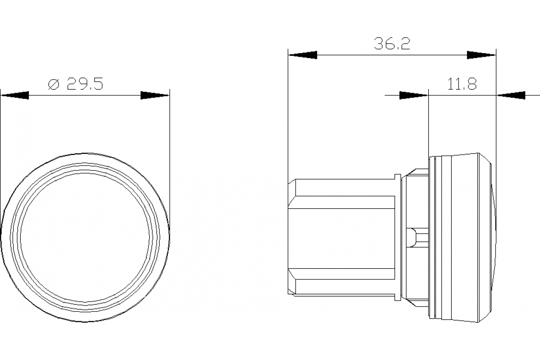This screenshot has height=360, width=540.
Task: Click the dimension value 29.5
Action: click(x=85, y=84)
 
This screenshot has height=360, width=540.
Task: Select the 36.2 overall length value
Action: click(x=391, y=44)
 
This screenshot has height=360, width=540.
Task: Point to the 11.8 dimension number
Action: click(x=462, y=84)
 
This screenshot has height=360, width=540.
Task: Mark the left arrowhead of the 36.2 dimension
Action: click(x=302, y=55)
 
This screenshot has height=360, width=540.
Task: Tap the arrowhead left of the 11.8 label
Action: click(x=413, y=95)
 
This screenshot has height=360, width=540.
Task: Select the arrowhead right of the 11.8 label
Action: click(x=511, y=95)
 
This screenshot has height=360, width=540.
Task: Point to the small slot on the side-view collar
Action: click(x=417, y=238)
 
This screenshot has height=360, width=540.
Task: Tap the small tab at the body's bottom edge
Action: click(x=397, y=297)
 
